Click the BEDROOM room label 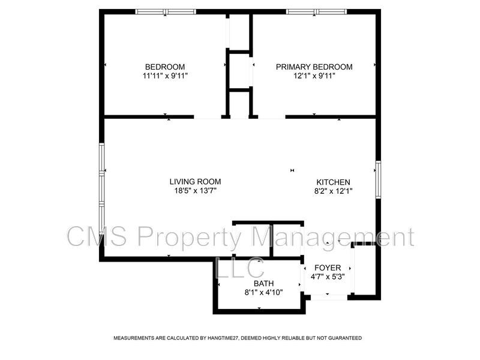165,67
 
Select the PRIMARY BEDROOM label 314,67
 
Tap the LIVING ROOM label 195,182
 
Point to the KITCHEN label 334,182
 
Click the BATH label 263,283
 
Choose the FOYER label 328,268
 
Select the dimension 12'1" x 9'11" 314,76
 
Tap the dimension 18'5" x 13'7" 195,191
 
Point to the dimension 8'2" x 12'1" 334,191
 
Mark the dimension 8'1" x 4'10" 263,293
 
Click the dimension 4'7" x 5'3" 328,277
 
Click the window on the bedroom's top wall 166,11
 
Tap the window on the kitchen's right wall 378,179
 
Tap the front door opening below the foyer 328,296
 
